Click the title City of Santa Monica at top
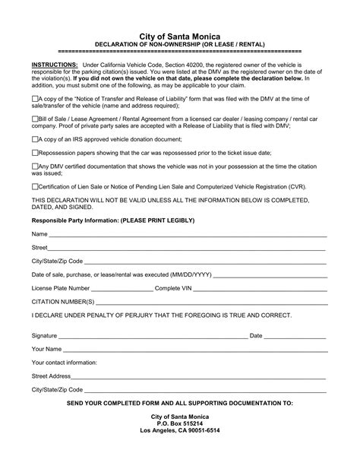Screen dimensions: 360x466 tap(180, 36)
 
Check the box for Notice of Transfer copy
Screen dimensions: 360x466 tap(36, 99)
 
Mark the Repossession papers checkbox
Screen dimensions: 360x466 tap(36, 152)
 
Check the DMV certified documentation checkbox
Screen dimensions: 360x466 tap(36, 165)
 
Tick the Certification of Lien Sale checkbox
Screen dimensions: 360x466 tap(36, 185)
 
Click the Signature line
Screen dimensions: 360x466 tap(152, 336)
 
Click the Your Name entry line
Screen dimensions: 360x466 tap(190, 349)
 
